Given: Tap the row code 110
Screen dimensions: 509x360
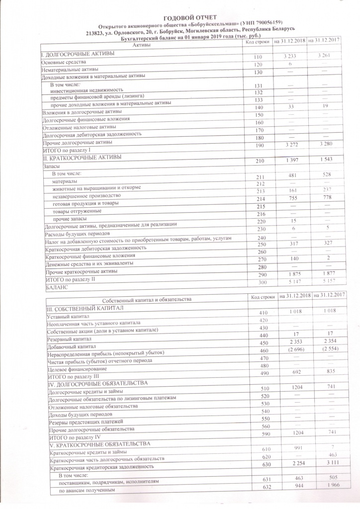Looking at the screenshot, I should (257, 58).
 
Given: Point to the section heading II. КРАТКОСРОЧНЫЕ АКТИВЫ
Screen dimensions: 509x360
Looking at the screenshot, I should (83, 158).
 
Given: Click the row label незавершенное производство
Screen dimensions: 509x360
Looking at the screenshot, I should (90, 196).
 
